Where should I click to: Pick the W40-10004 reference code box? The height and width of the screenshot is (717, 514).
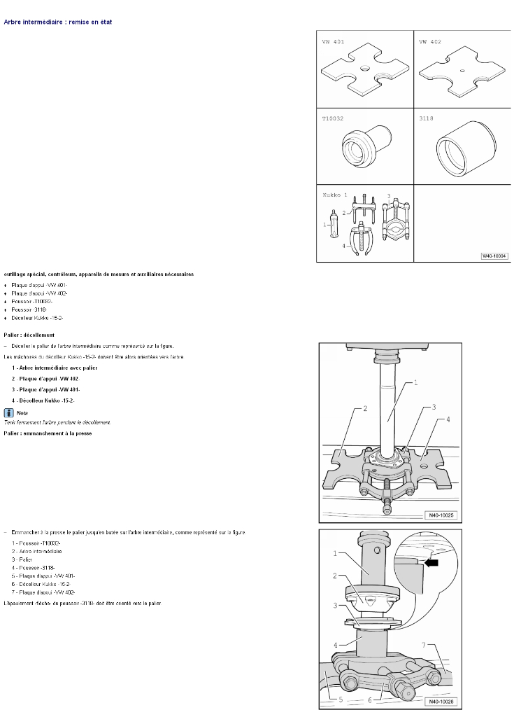pyautogui.click(x=494, y=256)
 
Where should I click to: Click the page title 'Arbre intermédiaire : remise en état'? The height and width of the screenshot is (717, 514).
pyautogui.click(x=58, y=22)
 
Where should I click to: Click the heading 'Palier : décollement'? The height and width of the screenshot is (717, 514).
pyautogui.click(x=29, y=335)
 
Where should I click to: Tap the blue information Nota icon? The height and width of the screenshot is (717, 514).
pyautogui.click(x=8, y=412)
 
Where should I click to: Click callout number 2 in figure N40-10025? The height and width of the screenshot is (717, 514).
pyautogui.click(x=366, y=409)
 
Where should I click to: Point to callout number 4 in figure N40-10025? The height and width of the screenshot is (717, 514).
pyautogui.click(x=448, y=419)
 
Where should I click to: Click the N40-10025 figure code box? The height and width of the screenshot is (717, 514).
pyautogui.click(x=440, y=516)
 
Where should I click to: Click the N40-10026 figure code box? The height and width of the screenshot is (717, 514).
pyautogui.click(x=440, y=701)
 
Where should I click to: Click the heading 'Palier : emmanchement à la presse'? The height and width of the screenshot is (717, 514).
pyautogui.click(x=48, y=433)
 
